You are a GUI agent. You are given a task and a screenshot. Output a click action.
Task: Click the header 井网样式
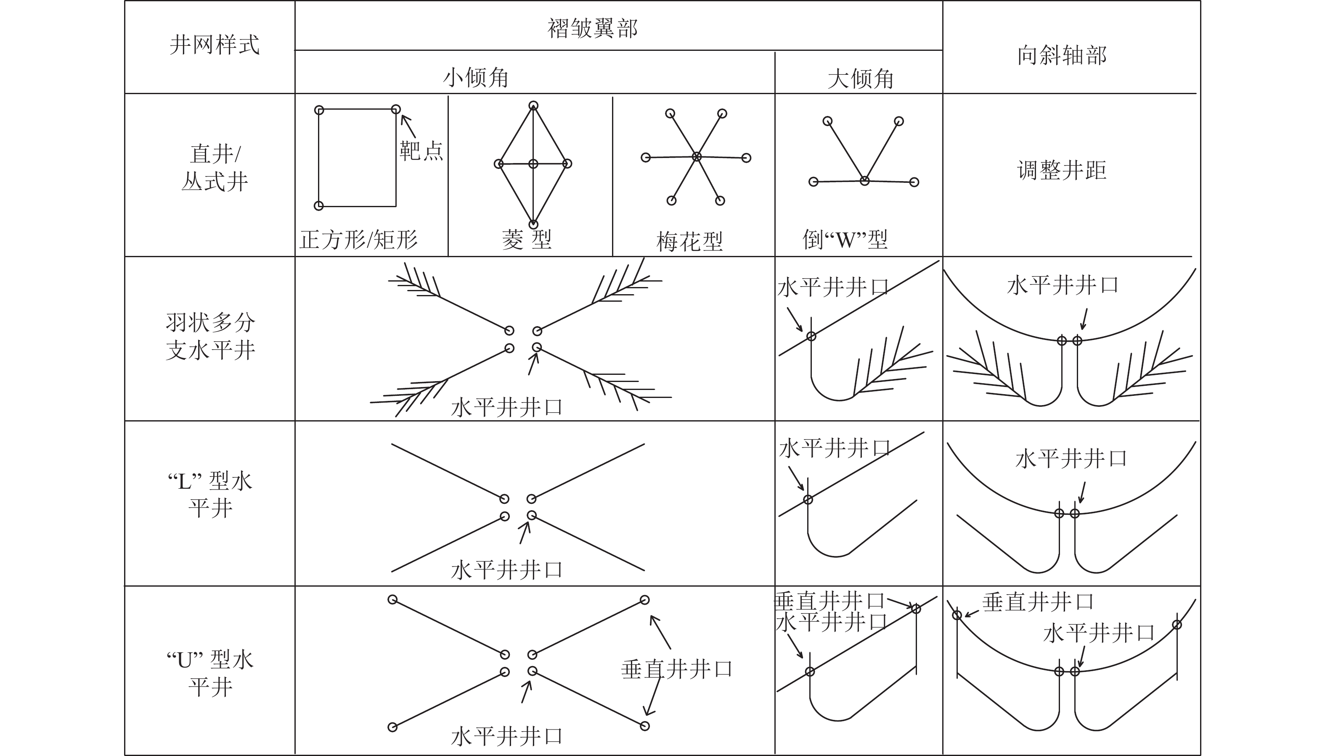215,45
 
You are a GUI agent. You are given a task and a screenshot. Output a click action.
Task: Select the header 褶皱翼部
592,28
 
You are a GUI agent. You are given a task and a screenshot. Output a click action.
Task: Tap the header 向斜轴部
1062,55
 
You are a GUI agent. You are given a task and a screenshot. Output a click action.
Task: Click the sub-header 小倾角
475,78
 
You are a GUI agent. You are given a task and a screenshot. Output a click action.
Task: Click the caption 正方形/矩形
358,240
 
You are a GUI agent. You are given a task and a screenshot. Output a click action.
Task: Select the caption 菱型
526,240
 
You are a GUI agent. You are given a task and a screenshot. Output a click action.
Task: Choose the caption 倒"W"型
845,240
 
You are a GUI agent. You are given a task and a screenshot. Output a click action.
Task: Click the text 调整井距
1062,170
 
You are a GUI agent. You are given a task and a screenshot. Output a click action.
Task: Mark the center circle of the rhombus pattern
533,164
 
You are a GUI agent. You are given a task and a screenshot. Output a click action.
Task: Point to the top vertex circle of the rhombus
533,106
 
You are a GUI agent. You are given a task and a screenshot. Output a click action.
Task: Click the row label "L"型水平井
210,494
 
